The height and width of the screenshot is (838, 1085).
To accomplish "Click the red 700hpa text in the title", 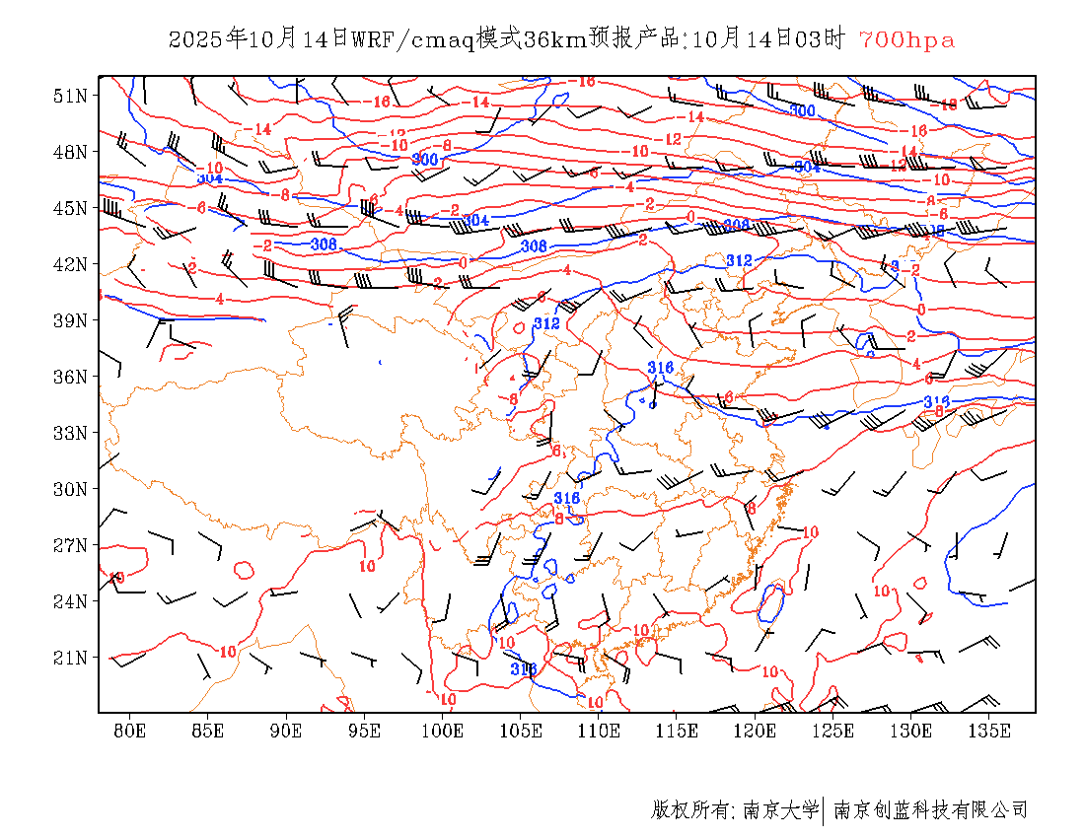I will (x=906, y=40).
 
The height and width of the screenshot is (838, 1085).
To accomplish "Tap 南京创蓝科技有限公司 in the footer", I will (x=931, y=810).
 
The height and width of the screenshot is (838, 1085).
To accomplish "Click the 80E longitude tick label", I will (x=129, y=731).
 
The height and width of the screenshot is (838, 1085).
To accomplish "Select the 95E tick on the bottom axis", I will (x=364, y=731).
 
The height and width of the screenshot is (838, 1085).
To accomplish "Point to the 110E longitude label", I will (x=599, y=731).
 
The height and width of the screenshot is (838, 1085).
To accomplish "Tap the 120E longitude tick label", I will (x=756, y=731).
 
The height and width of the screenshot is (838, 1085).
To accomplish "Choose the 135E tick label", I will (x=989, y=731).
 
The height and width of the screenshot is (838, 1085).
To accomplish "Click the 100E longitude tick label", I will (x=442, y=731).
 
